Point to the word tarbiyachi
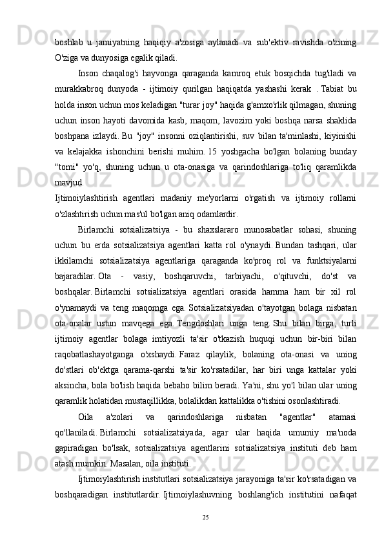click(x=225, y=288)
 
